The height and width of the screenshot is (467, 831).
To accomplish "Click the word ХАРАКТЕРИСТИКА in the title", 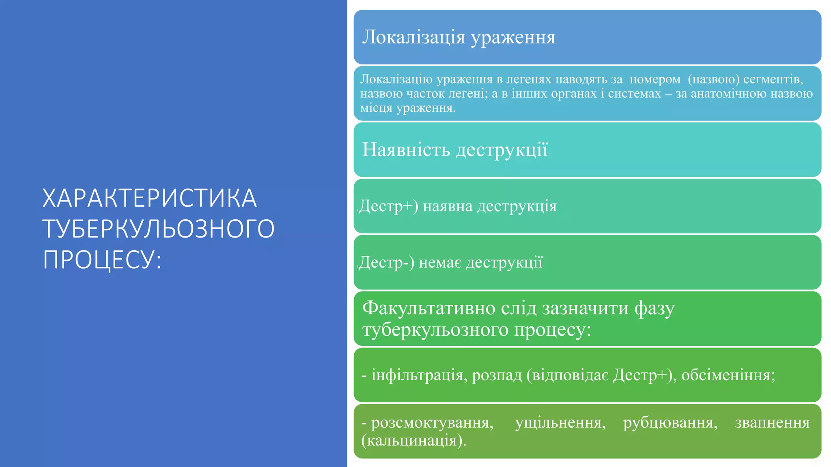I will pyautogui.click(x=149, y=198).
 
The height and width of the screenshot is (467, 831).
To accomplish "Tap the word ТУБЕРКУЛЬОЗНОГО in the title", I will pyautogui.click(x=159, y=229).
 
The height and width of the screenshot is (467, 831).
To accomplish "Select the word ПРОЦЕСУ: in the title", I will pyautogui.click(x=102, y=260).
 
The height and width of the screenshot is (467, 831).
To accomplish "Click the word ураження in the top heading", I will pyautogui.click(x=513, y=37).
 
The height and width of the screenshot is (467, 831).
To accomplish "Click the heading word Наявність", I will pyautogui.click(x=406, y=150).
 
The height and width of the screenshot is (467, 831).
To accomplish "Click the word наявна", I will pyautogui.click(x=448, y=206).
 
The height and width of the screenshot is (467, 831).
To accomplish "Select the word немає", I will pyautogui.click(x=440, y=263).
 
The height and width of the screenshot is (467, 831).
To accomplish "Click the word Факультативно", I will pyautogui.click(x=429, y=308).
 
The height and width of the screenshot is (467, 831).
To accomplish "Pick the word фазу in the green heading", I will pyautogui.click(x=654, y=309).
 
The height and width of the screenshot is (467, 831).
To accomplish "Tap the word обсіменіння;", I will pyautogui.click(x=728, y=375).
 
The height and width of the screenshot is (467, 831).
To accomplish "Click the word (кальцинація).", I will pyautogui.click(x=413, y=440).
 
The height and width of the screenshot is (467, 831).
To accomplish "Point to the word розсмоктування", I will pyautogui.click(x=432, y=422).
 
